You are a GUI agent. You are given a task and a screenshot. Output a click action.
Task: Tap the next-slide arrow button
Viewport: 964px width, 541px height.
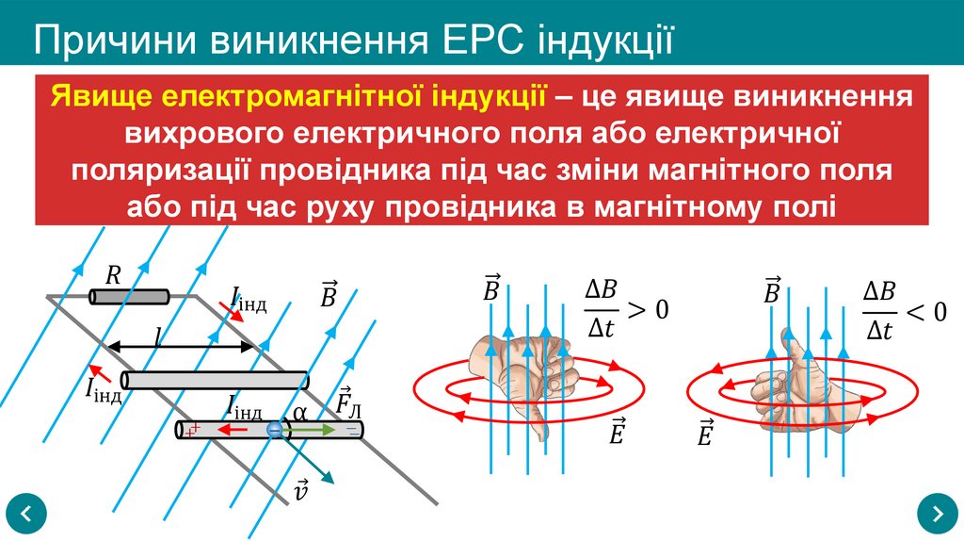(937, 514)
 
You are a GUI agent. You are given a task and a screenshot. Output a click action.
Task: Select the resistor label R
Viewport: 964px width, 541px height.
(113, 275)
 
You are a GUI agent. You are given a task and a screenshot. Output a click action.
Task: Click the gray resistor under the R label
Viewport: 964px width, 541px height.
(129, 297)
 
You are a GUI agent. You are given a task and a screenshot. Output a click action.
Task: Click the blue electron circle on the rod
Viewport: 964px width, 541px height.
(274, 430)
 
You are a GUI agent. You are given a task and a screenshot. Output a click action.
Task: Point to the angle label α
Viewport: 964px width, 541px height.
(299, 412)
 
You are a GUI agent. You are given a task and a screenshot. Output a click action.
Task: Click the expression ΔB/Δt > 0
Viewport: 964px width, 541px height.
(625, 310)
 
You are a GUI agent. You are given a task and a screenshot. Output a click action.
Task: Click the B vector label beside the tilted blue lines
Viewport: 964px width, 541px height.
(329, 294)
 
